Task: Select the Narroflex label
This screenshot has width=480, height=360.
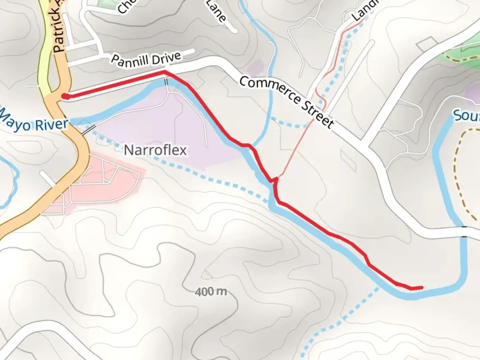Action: tap(155, 150)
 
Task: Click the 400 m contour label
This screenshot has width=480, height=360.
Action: tap(211, 292)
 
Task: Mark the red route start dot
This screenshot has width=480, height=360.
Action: tap(66, 97)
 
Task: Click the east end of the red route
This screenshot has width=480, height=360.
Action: tap(422, 287)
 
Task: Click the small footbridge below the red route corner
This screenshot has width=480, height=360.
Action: tap(166, 81)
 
